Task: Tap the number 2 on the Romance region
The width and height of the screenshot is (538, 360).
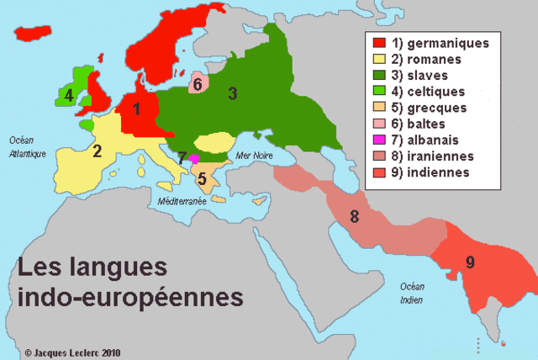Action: (x=98, y=151)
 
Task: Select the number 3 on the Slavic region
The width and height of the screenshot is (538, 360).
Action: (x=233, y=93)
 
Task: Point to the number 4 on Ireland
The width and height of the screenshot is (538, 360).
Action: (x=69, y=95)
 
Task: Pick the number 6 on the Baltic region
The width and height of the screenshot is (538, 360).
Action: (x=197, y=83)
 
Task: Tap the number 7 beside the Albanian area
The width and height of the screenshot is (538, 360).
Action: (x=182, y=157)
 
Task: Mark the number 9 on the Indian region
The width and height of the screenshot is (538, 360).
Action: (x=470, y=262)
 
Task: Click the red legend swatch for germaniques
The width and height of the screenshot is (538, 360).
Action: (x=380, y=42)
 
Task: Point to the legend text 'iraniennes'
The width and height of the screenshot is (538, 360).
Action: (x=442, y=156)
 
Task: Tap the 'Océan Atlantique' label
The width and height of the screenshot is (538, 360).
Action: (x=25, y=146)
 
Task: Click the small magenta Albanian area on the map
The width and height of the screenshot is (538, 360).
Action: (x=194, y=158)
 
